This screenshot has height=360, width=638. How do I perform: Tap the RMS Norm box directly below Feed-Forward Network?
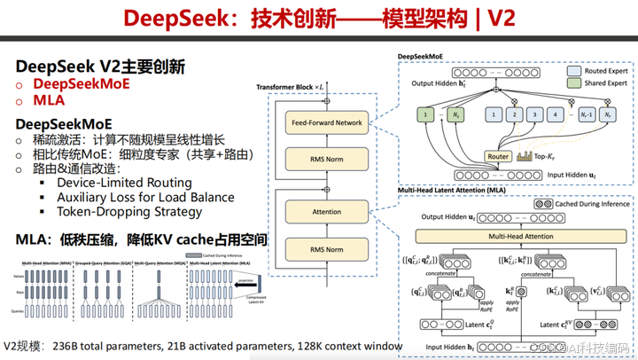point(326,159)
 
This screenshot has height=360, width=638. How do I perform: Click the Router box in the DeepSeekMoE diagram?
point(498,156)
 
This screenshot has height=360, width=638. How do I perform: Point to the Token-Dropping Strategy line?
point(129,212)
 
